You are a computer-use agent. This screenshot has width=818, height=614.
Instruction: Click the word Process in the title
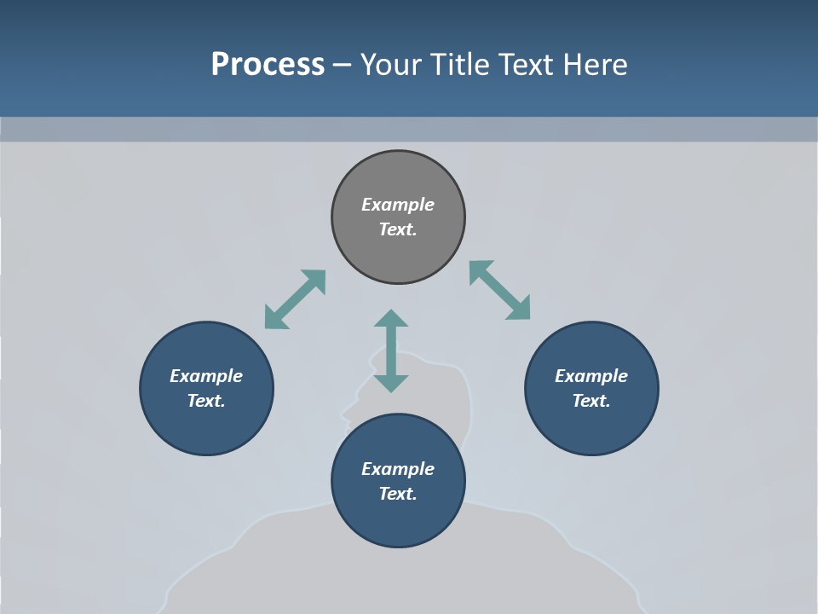click(x=268, y=64)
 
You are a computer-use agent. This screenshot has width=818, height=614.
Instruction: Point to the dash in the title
click(x=342, y=66)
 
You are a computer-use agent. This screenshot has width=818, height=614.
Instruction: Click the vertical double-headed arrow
click(x=391, y=351)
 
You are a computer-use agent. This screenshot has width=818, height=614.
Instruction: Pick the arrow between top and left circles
click(x=295, y=299)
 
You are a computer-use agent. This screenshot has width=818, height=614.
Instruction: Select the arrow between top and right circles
click(x=500, y=290)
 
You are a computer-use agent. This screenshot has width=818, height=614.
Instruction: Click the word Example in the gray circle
click(x=398, y=205)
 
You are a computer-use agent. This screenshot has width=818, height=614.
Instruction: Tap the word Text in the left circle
click(x=205, y=401)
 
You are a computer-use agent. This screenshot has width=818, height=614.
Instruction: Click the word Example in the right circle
click(x=591, y=376)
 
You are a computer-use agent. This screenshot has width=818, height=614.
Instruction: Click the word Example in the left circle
click(x=206, y=376)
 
